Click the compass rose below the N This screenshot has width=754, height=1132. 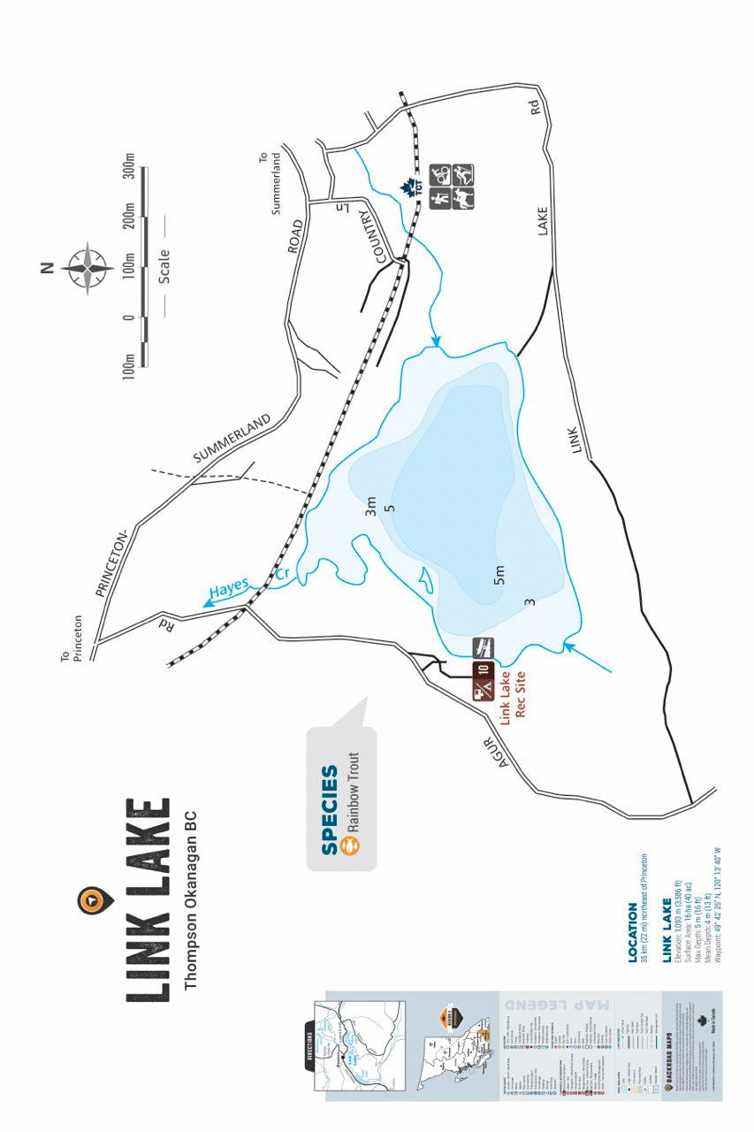(87, 266)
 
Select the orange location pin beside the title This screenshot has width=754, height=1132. (91, 899)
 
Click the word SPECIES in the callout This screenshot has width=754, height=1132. (330, 810)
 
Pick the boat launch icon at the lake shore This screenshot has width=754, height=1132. (483, 646)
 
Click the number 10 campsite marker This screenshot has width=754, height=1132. (483, 670)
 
